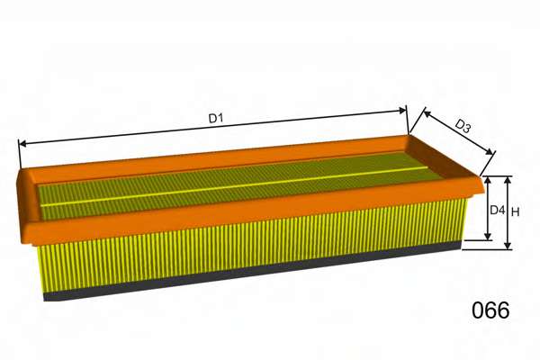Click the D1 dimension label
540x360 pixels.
click(216, 118)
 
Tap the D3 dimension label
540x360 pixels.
click(463, 126)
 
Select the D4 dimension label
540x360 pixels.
click(497, 210)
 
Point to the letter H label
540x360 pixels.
click(515, 212)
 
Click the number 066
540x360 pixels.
click(490, 310)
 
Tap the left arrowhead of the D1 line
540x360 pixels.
click(22, 144)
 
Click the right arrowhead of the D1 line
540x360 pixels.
click(402, 111)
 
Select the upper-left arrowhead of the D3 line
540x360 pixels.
click(427, 113)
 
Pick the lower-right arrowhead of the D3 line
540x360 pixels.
click(489, 151)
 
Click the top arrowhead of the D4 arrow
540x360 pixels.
click(487, 180)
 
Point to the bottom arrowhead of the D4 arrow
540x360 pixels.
click(487, 236)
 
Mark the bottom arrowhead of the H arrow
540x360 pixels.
click(508, 245)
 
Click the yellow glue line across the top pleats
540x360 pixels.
click(234, 186)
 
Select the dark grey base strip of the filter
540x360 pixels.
click(252, 271)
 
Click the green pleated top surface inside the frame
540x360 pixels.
click(238, 186)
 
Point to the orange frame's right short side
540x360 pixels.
click(445, 157)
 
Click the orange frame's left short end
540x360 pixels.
click(28, 202)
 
